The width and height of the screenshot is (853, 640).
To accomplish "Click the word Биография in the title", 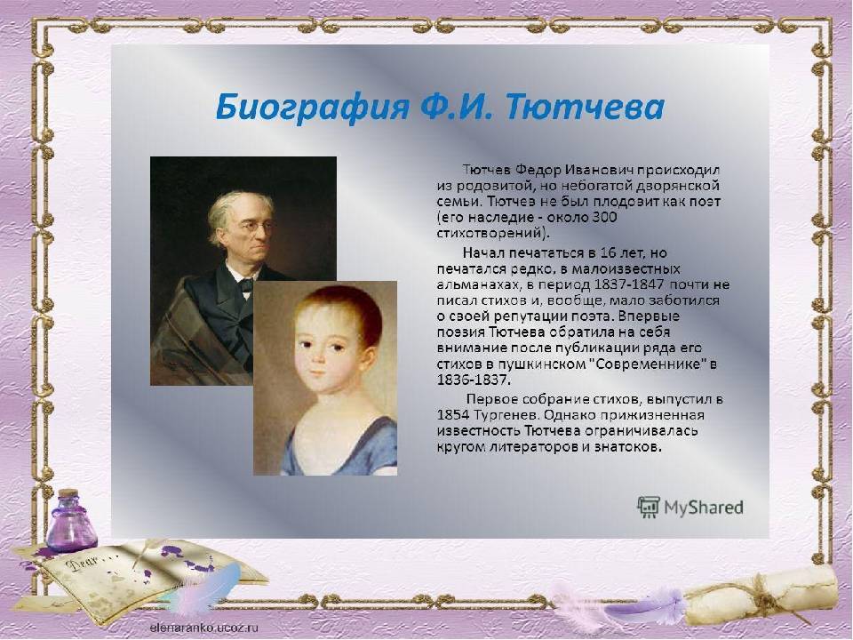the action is [x=312, y=108].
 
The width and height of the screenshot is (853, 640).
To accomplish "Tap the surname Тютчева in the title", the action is [x=586, y=107].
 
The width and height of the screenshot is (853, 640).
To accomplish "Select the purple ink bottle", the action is [x=71, y=522].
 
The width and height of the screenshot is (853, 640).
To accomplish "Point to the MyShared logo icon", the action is [x=648, y=508].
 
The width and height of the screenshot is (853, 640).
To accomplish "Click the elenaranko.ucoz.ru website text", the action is [x=204, y=627].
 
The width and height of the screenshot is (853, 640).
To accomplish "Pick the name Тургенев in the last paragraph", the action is [x=498, y=415].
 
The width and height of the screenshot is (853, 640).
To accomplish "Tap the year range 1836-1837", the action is [x=474, y=380].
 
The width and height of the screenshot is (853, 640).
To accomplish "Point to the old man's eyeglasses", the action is [x=254, y=228].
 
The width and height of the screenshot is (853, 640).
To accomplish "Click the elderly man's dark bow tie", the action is [x=246, y=284].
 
